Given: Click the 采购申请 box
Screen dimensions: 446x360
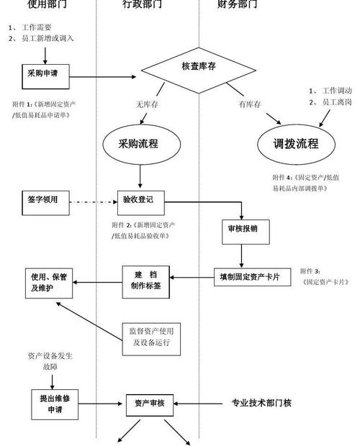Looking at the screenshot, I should [42, 73].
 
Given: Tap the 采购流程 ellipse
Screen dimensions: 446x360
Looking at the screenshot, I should [139, 142].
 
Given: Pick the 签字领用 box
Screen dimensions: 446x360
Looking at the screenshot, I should [42, 200].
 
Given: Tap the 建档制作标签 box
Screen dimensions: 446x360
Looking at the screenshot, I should [145, 281].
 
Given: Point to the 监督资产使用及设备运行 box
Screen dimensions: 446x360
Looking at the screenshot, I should [150, 337].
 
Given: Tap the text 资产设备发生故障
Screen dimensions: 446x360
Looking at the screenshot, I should [51, 361].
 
